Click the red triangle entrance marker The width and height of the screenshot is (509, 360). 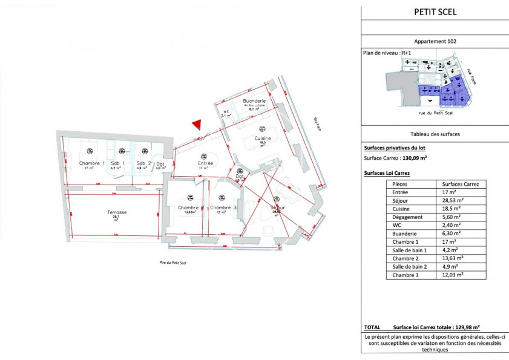(x=196, y=124)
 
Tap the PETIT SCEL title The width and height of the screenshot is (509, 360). (x=435, y=11)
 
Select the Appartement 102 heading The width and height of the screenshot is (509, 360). (x=435, y=42)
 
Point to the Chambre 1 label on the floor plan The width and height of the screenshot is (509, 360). (x=92, y=163)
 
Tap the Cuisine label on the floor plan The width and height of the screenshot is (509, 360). (x=262, y=139)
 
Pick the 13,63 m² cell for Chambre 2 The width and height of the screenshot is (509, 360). (x=453, y=258)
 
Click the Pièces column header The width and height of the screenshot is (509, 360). (x=400, y=183)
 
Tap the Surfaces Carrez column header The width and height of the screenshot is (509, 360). (x=461, y=183)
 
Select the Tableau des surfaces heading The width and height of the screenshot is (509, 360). (x=435, y=134)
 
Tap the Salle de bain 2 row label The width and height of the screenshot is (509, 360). (x=409, y=266)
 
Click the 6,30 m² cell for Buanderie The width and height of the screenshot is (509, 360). (x=453, y=232)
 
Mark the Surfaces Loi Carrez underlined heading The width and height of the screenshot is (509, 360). (x=387, y=172)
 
